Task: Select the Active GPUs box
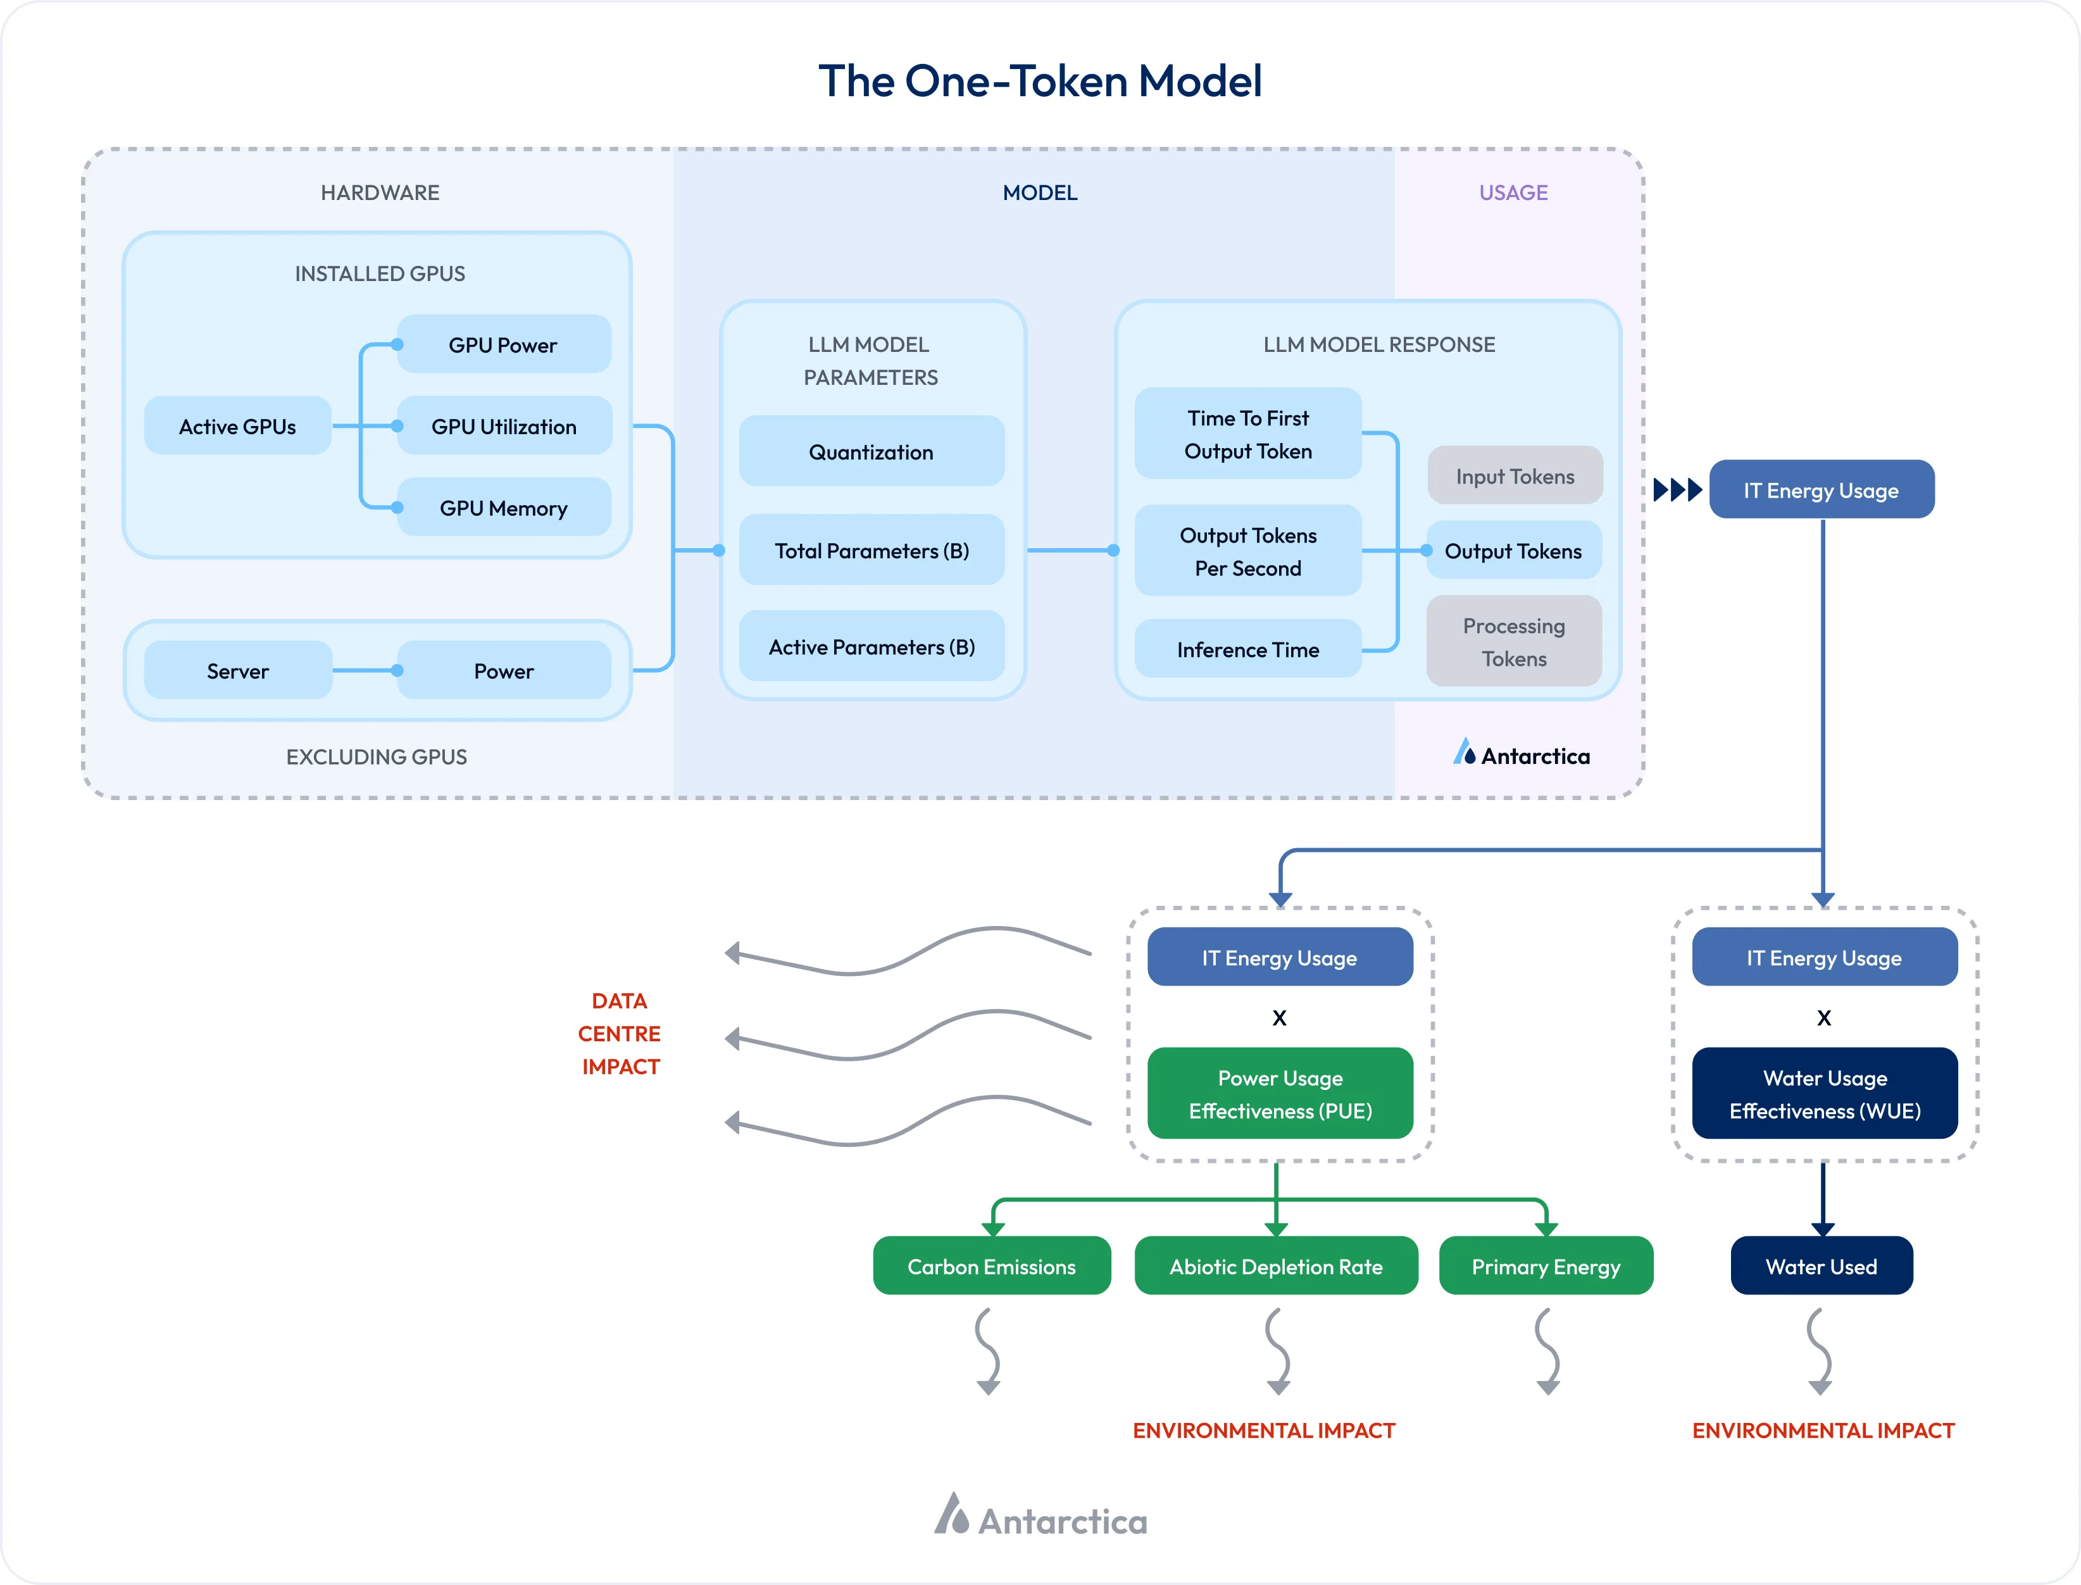tap(238, 427)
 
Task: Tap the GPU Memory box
tap(504, 508)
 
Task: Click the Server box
tap(238, 671)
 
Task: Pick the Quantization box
tap(871, 452)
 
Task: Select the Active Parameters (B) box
tap(871, 646)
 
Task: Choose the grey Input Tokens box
tap(1514, 477)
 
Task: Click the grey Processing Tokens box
tap(1514, 642)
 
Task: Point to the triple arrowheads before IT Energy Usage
tap(1677, 490)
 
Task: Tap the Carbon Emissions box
tap(991, 1266)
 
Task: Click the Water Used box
tap(1821, 1266)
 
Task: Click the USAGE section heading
tap(1513, 192)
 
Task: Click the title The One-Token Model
tap(1040, 81)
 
